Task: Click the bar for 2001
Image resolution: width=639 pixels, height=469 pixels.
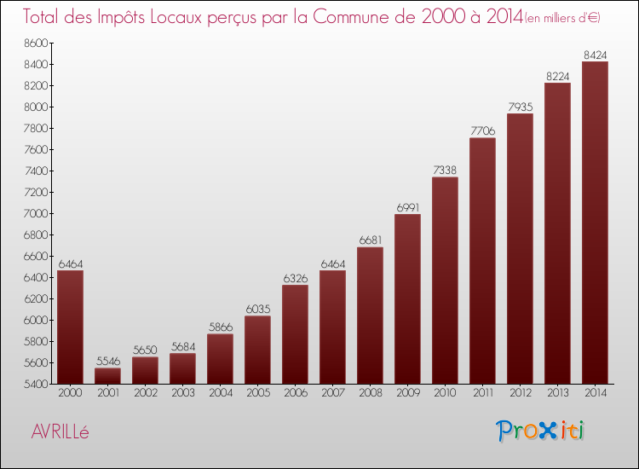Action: [108, 376]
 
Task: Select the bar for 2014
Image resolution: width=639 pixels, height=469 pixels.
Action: [596, 223]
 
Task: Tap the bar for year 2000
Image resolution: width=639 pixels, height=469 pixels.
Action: [71, 327]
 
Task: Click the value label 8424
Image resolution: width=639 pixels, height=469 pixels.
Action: [596, 55]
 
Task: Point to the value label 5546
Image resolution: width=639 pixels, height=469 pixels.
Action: [108, 362]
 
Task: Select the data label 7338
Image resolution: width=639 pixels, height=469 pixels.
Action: [446, 171]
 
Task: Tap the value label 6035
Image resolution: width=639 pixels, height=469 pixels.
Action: [258, 310]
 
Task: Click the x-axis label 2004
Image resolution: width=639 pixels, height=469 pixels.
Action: [221, 394]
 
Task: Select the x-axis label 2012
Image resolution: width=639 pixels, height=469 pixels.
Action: [521, 394]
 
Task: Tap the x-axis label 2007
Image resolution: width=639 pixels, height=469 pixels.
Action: [333, 394]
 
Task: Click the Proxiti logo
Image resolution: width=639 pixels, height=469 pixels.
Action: [541, 431]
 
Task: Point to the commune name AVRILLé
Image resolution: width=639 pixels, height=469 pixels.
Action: [60, 431]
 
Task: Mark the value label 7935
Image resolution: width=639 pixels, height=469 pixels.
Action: [521, 107]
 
